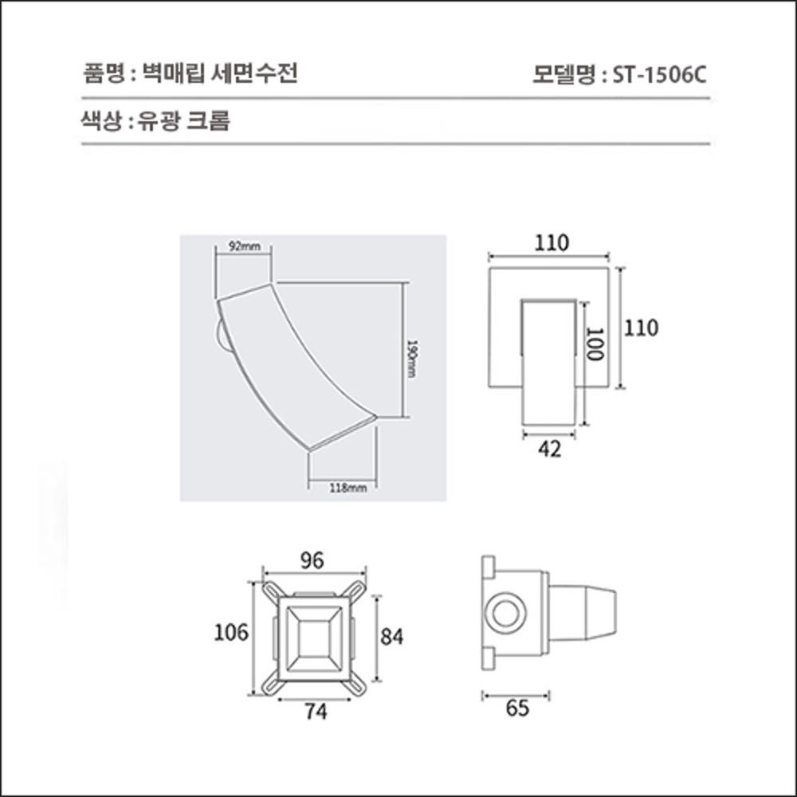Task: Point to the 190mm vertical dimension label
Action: [x=412, y=359]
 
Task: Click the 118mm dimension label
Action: [x=347, y=488]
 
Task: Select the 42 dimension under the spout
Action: [x=550, y=450]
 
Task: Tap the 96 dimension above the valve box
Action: [x=312, y=561]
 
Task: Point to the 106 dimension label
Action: [x=231, y=633]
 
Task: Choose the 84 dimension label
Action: [x=392, y=637]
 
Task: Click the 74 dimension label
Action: [x=316, y=713]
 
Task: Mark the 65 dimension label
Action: [x=517, y=709]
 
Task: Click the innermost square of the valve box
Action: [x=314, y=636]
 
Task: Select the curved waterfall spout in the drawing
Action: [x=295, y=363]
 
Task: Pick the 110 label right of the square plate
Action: [x=641, y=328]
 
